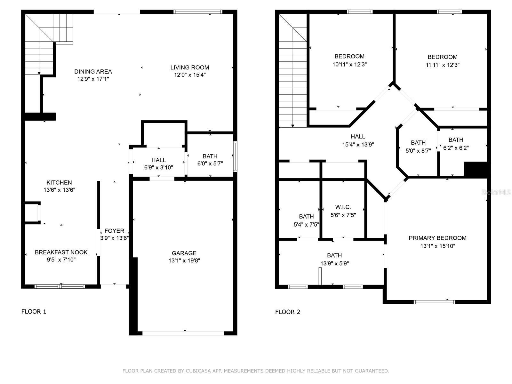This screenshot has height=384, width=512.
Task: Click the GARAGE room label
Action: (x=184, y=253)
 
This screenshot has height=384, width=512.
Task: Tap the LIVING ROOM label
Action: (x=189, y=68)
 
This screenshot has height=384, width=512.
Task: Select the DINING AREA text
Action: (x=93, y=72)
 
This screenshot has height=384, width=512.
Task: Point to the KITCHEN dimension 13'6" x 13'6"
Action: (x=60, y=190)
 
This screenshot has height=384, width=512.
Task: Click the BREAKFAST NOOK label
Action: (x=61, y=252)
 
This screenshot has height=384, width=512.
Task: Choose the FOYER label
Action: (x=114, y=231)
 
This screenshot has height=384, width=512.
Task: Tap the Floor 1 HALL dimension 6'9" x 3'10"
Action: (x=159, y=167)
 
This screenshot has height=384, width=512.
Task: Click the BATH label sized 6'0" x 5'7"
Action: (x=210, y=156)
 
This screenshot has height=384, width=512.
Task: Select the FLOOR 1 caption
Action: (x=34, y=311)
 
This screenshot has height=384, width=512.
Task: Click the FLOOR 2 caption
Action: (x=288, y=312)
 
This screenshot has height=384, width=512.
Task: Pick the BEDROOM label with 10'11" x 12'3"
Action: (x=349, y=56)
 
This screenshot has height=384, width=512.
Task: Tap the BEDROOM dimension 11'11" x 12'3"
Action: (x=443, y=65)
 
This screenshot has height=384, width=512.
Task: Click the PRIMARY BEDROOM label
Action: (x=437, y=238)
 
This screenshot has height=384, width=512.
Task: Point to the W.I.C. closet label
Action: (x=343, y=207)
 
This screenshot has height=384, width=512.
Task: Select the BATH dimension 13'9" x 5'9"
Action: (x=334, y=264)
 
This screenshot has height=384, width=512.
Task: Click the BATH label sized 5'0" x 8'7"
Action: (x=418, y=143)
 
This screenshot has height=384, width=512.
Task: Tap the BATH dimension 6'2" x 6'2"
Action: (x=456, y=148)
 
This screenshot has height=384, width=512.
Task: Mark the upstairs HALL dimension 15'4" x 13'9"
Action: (x=358, y=145)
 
